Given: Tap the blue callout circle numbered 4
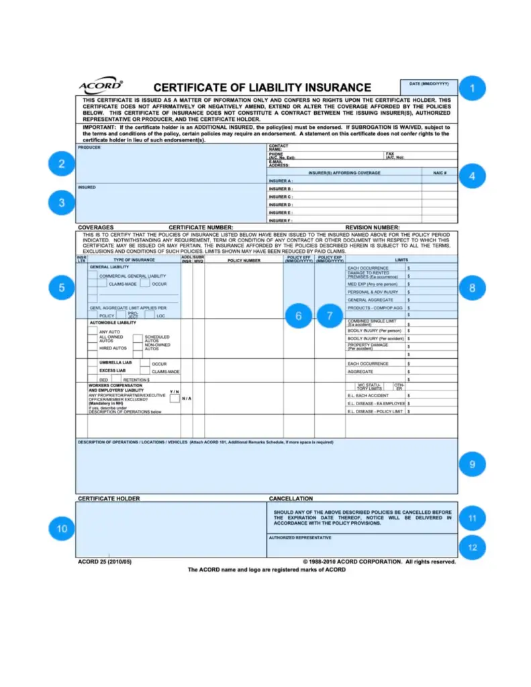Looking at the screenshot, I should click(472, 176).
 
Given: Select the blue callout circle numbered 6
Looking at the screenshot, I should click(299, 315).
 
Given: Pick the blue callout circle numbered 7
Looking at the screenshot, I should click(330, 315).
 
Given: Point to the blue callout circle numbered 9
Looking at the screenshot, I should click(472, 464).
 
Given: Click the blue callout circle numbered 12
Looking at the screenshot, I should click(473, 547).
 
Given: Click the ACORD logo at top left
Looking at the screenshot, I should click(100, 86).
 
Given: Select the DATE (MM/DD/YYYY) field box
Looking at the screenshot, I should click(430, 87).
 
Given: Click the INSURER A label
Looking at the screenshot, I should click(281, 181).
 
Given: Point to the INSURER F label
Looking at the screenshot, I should click(281, 220).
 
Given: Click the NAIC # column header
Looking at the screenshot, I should click(439, 173).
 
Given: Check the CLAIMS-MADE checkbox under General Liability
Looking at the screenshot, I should click(93, 284).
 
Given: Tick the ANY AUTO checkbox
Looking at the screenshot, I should click(93, 331).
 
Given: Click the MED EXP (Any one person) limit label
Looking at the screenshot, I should click(373, 284).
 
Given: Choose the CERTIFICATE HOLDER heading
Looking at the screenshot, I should click(109, 498).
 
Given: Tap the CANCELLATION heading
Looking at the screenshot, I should click(291, 498).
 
